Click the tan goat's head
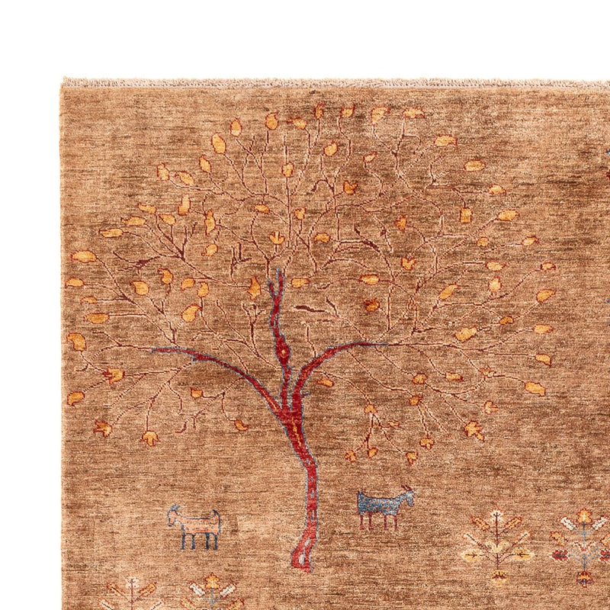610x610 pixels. coord(175,512)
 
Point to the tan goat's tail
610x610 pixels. coord(219,521)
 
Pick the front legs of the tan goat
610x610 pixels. coord(188,541)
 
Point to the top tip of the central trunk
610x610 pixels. coord(278,271)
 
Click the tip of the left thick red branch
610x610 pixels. coord(156,350)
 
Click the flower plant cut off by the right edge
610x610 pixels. coord(586,543)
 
